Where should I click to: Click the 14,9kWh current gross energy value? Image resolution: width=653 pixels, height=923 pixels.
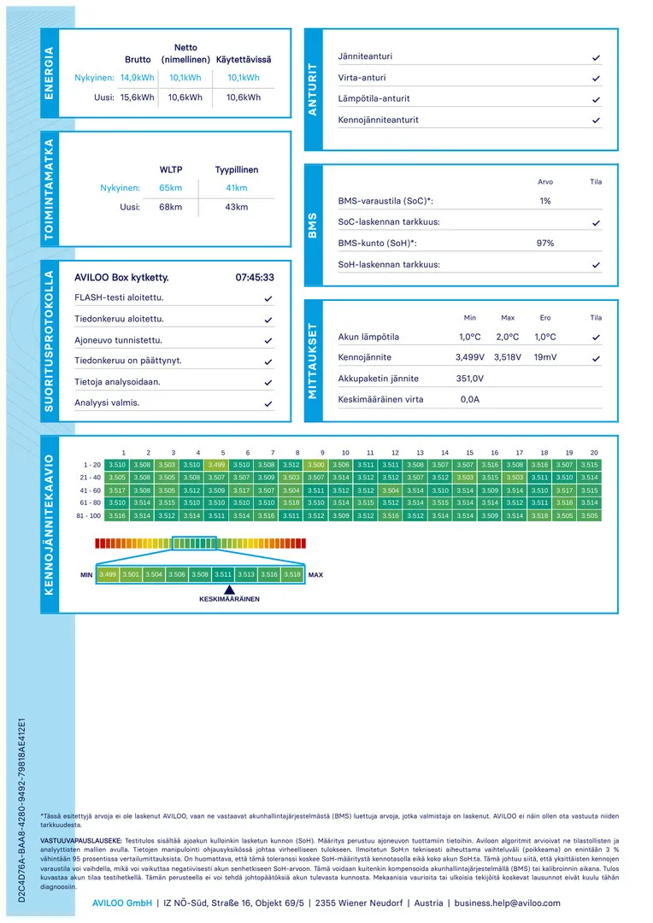click(x=138, y=77)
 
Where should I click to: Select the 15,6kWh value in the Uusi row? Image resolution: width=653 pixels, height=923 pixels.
click(x=138, y=97)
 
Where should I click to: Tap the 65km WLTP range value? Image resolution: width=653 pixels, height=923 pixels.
click(x=171, y=187)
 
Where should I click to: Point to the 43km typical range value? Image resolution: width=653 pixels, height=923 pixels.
click(x=237, y=208)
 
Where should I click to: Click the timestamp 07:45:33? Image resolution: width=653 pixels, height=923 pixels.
click(x=255, y=278)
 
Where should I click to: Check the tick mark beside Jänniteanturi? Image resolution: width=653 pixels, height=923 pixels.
click(x=596, y=57)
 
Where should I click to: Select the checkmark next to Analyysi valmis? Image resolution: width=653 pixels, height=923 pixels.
click(x=268, y=403)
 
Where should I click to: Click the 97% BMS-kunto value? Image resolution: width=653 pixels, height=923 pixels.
click(x=545, y=244)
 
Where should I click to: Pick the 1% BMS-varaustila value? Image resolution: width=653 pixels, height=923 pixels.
click(x=545, y=201)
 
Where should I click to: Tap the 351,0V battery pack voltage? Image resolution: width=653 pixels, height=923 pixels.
click(x=470, y=379)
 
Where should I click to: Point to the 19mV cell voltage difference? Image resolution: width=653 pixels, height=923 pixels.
click(x=545, y=357)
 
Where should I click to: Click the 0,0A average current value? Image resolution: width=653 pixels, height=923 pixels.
click(x=470, y=399)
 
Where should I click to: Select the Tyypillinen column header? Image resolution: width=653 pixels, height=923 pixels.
click(x=237, y=169)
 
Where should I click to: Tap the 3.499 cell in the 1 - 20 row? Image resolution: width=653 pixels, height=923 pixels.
click(x=217, y=465)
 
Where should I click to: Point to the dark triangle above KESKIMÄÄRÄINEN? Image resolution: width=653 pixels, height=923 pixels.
click(x=229, y=589)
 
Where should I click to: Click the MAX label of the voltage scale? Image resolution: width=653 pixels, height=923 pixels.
click(x=315, y=575)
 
